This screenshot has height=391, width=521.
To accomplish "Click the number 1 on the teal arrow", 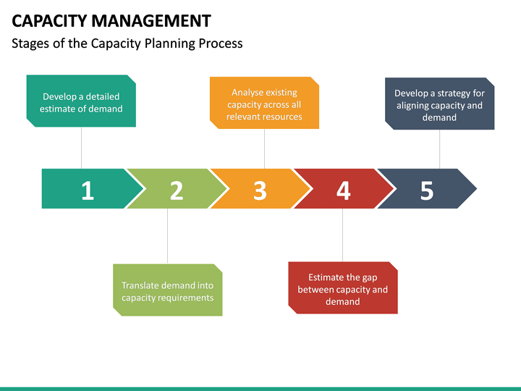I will tap(88, 190).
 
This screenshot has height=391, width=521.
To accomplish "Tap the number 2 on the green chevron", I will tap(177, 190).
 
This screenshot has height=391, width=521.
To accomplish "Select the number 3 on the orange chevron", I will tap(260, 190).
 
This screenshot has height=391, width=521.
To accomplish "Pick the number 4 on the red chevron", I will tap(344, 190).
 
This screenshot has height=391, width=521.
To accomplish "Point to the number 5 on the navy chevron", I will tap(427, 190).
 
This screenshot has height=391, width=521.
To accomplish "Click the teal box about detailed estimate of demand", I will tap(81, 101).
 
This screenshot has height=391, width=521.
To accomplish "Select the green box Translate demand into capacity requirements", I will tap(167, 290).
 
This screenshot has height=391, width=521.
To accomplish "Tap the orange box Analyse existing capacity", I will tap(264, 103).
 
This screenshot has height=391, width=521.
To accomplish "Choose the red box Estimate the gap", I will tap(343, 288).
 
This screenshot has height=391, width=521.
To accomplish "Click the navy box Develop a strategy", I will tap(439, 104).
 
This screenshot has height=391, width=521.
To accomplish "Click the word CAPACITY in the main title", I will tap(49, 20).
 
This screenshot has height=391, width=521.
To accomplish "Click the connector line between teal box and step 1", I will tap(81, 148).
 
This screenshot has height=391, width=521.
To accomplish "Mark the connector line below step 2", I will tap(167, 236).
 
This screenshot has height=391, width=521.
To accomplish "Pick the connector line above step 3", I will tap(264, 148).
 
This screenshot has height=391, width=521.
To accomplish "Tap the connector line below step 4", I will tap(343, 235).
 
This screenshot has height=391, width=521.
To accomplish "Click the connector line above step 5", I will tap(439, 149).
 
